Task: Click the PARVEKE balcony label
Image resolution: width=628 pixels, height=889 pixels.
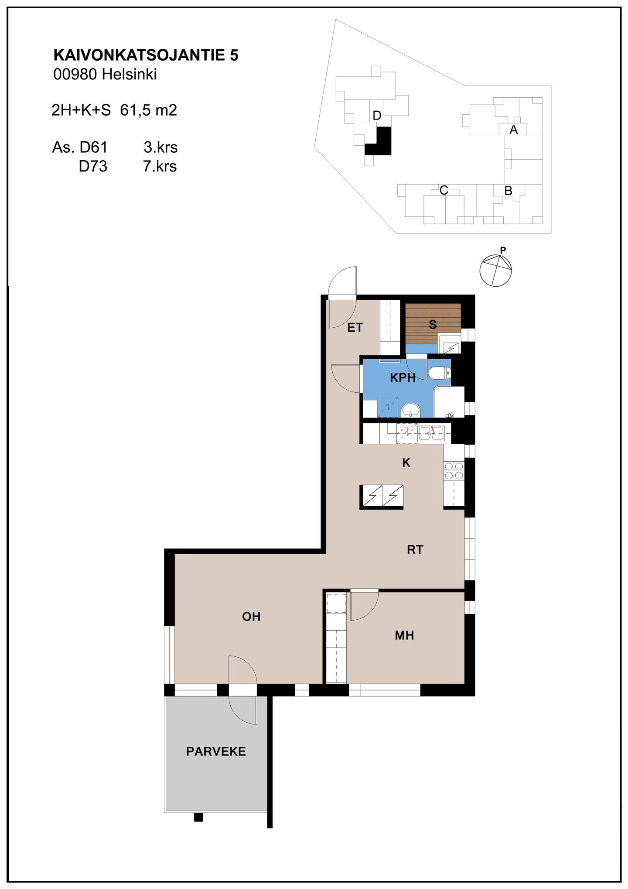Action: pyautogui.click(x=216, y=751)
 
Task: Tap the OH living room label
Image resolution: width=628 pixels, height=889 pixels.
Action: pyautogui.click(x=251, y=616)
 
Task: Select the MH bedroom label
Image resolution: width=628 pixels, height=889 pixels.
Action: pyautogui.click(x=404, y=635)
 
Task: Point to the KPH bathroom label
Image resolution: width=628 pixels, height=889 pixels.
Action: pyautogui.click(x=403, y=378)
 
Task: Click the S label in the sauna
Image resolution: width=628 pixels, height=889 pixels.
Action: pyautogui.click(x=433, y=324)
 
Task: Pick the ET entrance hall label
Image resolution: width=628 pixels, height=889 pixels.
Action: pyautogui.click(x=355, y=327)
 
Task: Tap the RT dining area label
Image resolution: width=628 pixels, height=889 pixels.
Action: pyautogui.click(x=415, y=549)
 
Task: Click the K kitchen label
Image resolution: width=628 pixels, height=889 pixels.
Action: pyautogui.click(x=406, y=462)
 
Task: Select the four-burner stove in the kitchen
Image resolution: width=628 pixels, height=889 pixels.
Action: pyautogui.click(x=454, y=470)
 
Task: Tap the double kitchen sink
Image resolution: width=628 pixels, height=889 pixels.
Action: pyautogui.click(x=431, y=433)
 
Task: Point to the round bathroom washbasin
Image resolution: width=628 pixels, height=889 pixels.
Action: pyautogui.click(x=410, y=410)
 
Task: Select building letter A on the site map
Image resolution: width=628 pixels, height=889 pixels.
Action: pyautogui.click(x=513, y=130)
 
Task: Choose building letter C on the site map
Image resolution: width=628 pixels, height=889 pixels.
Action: pyautogui.click(x=444, y=190)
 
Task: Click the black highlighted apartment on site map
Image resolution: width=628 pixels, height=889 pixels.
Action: pyautogui.click(x=380, y=143)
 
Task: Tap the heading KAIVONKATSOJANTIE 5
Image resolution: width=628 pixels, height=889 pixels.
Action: pyautogui.click(x=146, y=55)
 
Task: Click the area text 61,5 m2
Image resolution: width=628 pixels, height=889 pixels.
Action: pyautogui.click(x=149, y=110)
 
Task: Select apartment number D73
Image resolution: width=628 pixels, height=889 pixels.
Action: pyautogui.click(x=93, y=166)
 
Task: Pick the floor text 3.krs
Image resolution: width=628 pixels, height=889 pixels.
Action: pyautogui.click(x=160, y=148)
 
